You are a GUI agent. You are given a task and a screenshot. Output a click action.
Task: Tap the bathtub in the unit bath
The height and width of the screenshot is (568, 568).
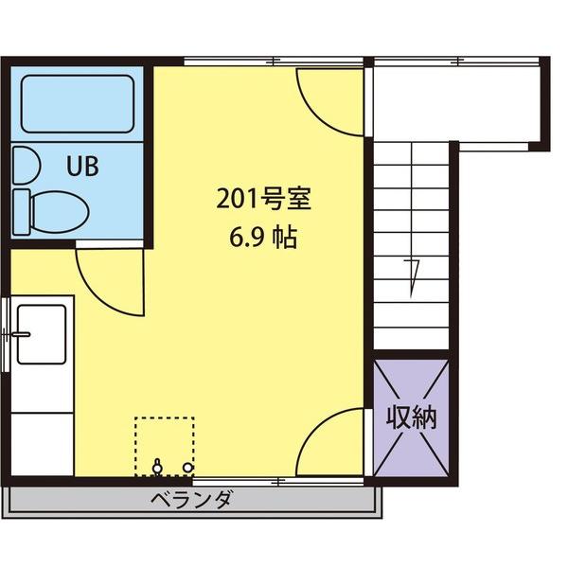[x=77, y=103]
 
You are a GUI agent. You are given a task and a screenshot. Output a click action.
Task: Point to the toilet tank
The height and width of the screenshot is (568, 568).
[x=24, y=211]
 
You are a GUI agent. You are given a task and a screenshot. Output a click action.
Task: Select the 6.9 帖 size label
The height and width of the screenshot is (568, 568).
[x=262, y=237]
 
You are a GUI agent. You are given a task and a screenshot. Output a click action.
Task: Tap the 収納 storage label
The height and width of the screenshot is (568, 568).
[x=411, y=417]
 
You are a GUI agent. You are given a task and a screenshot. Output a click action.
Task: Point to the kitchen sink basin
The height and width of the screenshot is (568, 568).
[x=41, y=333]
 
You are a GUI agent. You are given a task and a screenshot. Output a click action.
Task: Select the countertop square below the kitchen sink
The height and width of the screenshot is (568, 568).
[x=43, y=441]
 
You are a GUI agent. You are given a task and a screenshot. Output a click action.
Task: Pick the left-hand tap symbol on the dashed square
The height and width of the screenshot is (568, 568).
[x=157, y=466]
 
